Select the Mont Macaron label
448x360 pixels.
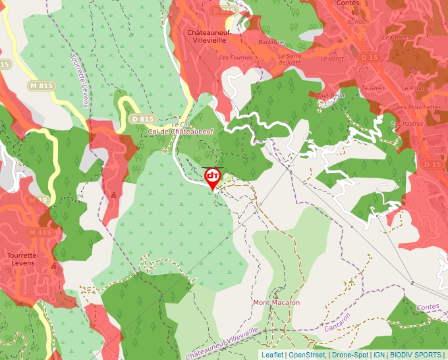point(277,303)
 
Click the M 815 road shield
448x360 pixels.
point(42,86)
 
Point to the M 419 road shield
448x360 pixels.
point(40,232)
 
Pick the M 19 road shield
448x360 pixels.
point(38,199)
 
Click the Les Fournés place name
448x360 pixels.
point(236,58)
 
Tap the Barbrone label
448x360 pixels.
point(271,42)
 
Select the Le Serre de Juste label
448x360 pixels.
point(290,59)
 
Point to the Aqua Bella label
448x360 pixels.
point(330,95)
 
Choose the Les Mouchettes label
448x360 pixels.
point(420,107)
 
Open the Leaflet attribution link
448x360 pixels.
point(273,355)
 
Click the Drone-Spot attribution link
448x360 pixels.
point(350,355)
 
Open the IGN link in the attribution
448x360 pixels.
point(379,355)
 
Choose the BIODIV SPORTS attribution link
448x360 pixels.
point(416,355)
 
